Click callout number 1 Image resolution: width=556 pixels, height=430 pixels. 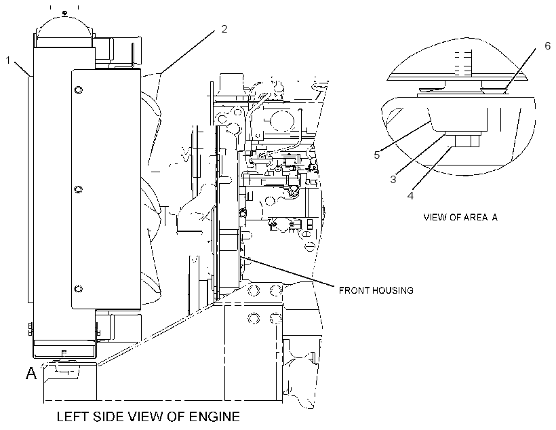pyautogui.click(x=8, y=60)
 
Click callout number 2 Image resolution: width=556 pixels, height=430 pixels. pyautogui.click(x=224, y=28)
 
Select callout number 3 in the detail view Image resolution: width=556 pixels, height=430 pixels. pyautogui.click(x=393, y=179)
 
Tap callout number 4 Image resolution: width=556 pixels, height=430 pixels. pyautogui.click(x=410, y=195)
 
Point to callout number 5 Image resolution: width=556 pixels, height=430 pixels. pyautogui.click(x=376, y=155)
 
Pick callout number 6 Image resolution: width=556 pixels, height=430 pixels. pyautogui.click(x=547, y=45)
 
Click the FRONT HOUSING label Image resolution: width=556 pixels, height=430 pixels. pyautogui.click(x=376, y=290)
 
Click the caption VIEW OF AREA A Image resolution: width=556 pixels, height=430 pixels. pyautogui.click(x=460, y=217)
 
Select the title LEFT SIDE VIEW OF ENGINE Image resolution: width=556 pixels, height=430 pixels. pyautogui.click(x=148, y=416)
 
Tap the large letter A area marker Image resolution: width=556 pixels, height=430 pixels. pyautogui.click(x=31, y=373)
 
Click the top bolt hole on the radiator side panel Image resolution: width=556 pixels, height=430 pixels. pyautogui.click(x=79, y=90)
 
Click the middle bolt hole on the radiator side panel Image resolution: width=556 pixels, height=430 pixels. pyautogui.click(x=79, y=189)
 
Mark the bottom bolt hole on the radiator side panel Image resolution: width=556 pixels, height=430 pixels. pyautogui.click(x=79, y=289)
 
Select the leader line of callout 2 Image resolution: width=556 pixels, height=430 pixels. pyautogui.click(x=187, y=52)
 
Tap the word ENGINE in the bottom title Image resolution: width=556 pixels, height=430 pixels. pyautogui.click(x=214, y=416)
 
